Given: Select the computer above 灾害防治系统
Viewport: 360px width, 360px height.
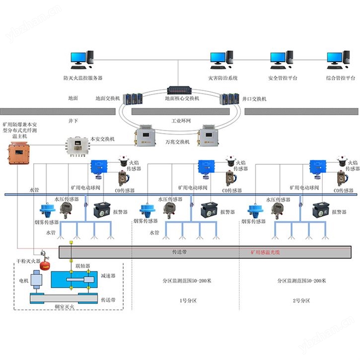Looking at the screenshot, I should click(x=222, y=61).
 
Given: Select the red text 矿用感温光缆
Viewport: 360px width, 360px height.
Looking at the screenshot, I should click(x=266, y=252).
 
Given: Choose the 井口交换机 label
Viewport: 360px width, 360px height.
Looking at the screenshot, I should click(x=254, y=99).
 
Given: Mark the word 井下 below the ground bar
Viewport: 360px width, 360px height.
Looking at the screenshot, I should click(x=73, y=120).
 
